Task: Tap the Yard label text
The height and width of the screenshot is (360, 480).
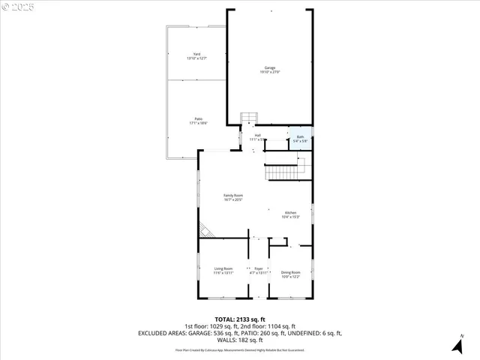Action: [196, 53]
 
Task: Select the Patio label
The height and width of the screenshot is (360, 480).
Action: [199, 118]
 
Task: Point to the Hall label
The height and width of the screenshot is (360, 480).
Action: [257, 135]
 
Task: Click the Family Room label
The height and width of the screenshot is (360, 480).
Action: [233, 195]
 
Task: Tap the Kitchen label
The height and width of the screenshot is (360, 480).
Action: [290, 212]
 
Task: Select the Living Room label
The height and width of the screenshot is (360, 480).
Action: [223, 268]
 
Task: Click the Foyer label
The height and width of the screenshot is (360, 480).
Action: [259, 268]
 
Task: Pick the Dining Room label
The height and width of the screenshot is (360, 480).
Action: [290, 272]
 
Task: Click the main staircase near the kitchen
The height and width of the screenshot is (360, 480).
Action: [285, 172]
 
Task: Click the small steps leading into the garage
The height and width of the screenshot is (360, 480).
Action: [248, 118]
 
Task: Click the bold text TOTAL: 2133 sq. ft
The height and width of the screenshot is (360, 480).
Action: [239, 319]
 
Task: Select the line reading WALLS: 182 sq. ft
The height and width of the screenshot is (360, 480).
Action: [239, 340]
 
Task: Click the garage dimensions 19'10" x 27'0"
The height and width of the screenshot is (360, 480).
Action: [269, 72]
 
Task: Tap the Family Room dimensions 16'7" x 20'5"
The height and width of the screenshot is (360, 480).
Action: [233, 200]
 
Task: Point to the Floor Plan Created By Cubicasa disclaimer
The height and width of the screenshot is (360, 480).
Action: [239, 350]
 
